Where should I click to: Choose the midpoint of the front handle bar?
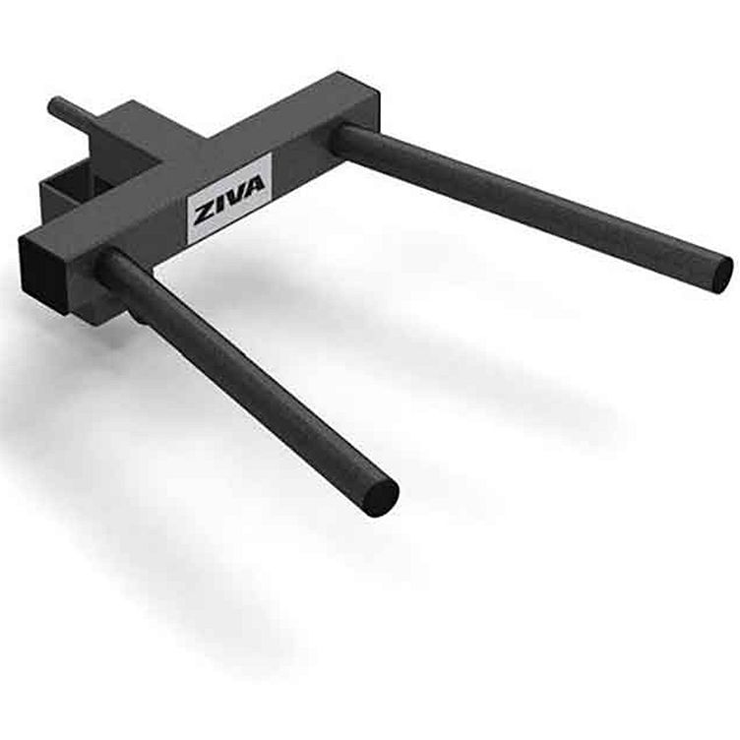[x=246, y=379]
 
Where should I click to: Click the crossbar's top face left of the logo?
[x=128, y=207]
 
